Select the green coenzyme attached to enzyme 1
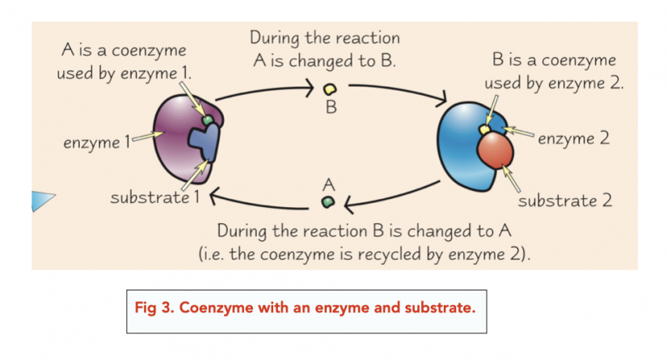tap(208, 121)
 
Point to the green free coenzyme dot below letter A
tap(327, 201)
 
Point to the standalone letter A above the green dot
tap(327, 184)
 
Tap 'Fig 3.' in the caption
tap(160, 310)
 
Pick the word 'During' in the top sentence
tap(273, 37)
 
